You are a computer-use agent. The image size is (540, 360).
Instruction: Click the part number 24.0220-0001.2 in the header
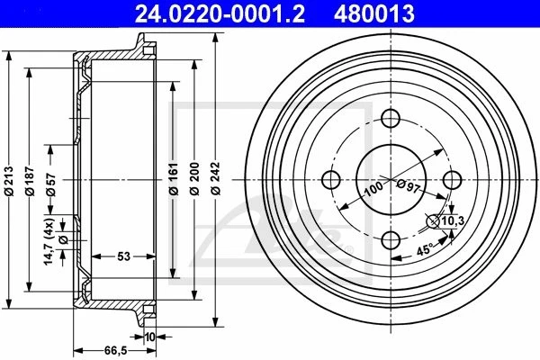pyautogui.click(x=220, y=13)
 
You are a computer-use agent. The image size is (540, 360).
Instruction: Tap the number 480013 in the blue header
pyautogui.click(x=374, y=13)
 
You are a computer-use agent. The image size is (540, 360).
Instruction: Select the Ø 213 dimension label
pyautogui.click(x=9, y=181)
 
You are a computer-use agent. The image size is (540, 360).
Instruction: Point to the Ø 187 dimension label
pyautogui.click(x=30, y=181)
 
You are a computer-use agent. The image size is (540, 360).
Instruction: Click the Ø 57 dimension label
pyautogui.click(x=51, y=184)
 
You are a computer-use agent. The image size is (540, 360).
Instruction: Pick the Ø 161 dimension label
pyautogui.click(x=174, y=178)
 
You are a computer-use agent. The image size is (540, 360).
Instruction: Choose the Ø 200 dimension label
pyautogui.click(x=194, y=178)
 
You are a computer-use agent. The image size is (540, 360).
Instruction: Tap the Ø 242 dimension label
pyautogui.click(x=216, y=178)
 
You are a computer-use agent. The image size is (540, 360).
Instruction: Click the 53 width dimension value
pyautogui.click(x=123, y=256)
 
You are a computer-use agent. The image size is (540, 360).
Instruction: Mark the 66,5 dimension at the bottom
pyautogui.click(x=116, y=351)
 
